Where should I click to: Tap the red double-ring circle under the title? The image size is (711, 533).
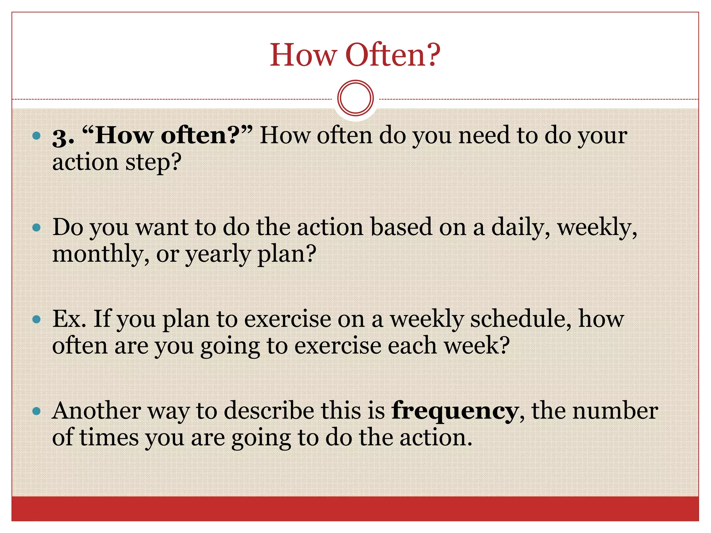pos(355,98)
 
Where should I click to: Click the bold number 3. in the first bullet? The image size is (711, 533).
pos(63,136)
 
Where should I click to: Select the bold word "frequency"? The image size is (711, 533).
pos(455,411)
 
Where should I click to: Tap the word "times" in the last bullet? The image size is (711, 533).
pos(109,438)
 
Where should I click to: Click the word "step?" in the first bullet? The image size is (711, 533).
pos(153,163)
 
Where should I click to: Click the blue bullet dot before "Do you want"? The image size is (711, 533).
pos(36,228)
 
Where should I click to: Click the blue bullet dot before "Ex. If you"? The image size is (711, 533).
pos(36,319)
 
